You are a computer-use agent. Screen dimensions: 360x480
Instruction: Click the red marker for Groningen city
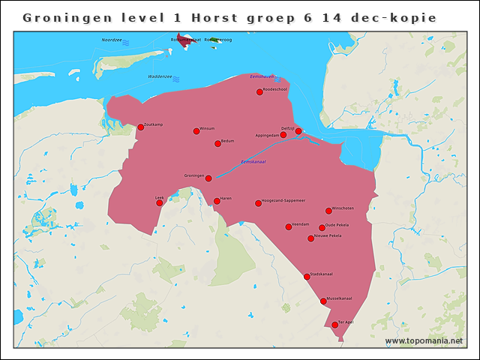point(208,178)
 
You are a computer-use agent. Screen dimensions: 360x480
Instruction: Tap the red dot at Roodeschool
point(259,91)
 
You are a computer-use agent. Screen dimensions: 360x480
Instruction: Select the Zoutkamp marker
point(140,127)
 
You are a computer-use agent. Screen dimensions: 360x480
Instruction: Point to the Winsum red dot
point(196,131)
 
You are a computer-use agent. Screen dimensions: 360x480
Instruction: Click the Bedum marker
point(217,144)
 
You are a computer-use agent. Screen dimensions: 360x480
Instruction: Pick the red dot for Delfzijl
point(298,131)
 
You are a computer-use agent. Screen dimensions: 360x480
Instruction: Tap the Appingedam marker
point(283,136)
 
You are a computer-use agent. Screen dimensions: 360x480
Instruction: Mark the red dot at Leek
point(159,202)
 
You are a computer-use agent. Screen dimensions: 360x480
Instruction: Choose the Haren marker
point(217,201)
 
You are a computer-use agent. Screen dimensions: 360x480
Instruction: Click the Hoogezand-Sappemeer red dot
point(258,203)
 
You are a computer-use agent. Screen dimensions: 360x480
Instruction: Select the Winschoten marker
point(328,211)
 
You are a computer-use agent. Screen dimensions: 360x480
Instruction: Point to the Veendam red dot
point(289,227)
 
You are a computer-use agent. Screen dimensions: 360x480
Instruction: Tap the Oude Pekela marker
point(322,228)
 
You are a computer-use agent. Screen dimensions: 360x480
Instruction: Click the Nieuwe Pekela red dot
point(310,238)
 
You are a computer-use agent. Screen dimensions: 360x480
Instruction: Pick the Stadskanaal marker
point(307,277)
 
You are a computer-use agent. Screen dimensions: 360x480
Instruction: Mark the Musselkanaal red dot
point(323,301)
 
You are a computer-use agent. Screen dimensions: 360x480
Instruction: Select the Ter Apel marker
point(334,325)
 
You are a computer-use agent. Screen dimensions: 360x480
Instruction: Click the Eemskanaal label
point(253,162)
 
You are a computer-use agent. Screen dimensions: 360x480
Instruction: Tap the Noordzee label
point(112,40)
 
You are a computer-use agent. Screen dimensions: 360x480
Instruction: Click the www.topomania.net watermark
point(424,341)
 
